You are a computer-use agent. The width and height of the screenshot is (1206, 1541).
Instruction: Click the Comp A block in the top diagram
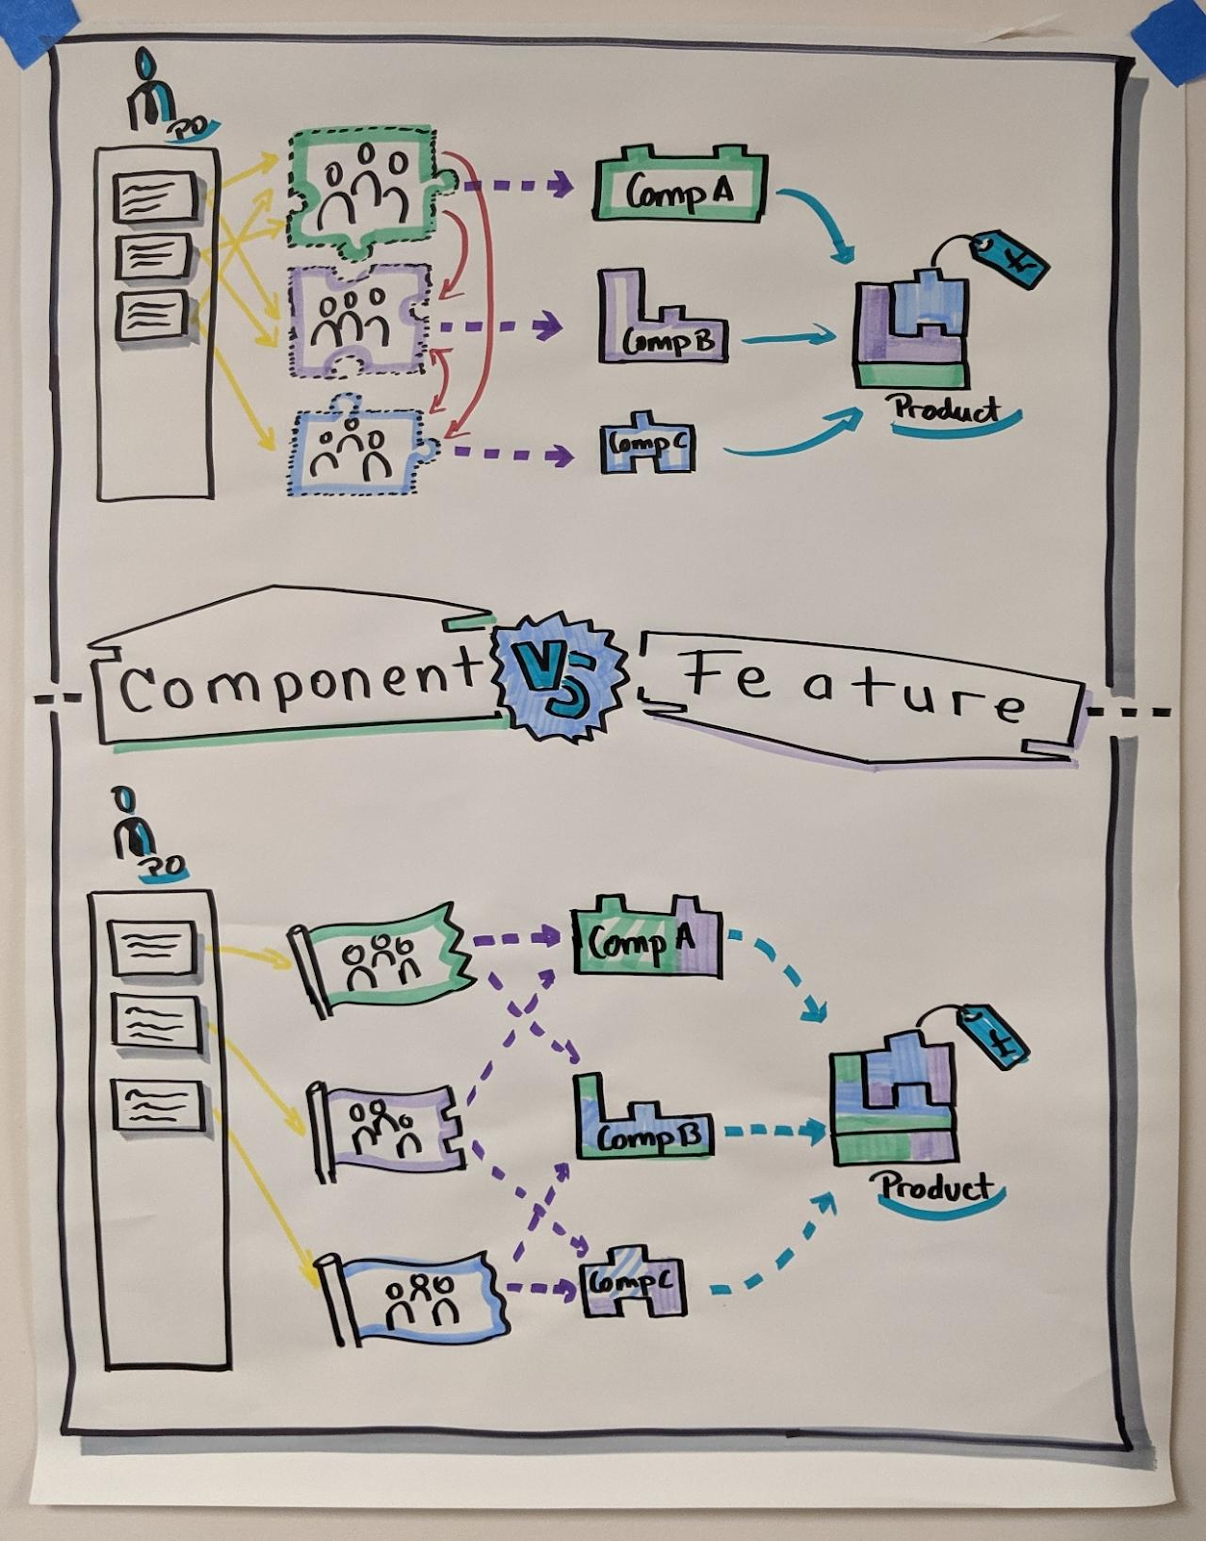680,188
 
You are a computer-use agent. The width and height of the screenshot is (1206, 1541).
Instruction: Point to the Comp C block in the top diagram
647,445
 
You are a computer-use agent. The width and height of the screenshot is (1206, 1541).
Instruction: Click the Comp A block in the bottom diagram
645,941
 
